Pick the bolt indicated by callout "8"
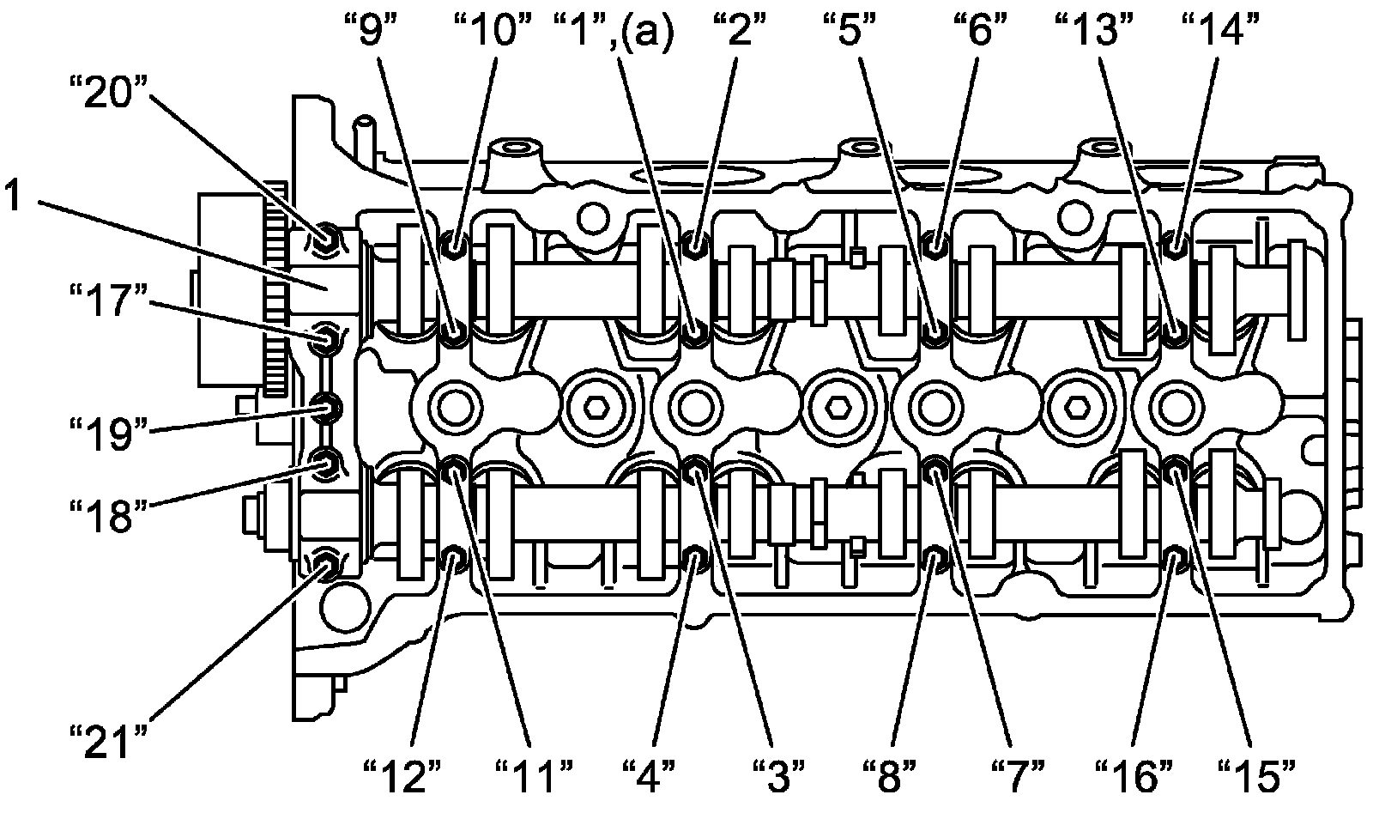point(935,561)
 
